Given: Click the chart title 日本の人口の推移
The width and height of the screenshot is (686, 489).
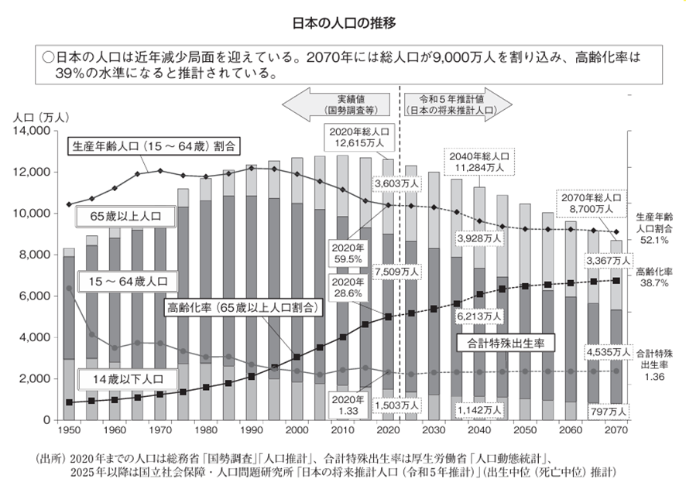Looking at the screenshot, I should (x=342, y=23).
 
